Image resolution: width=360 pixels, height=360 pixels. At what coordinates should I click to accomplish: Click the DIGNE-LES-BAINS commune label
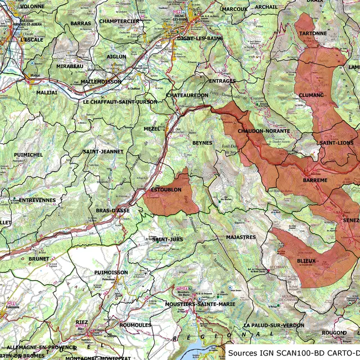pos(200,38)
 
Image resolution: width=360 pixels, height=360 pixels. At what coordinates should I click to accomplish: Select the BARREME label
pos(315,180)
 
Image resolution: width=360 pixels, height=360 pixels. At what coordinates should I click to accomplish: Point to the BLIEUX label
pos(307,261)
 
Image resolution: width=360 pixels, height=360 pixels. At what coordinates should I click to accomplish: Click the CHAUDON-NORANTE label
pos(264,131)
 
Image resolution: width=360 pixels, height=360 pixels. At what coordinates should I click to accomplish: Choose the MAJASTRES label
pos(241,237)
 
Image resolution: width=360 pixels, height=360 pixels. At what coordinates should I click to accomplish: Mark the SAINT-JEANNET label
pos(103,151)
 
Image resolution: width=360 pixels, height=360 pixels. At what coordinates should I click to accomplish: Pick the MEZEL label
pos(152,129)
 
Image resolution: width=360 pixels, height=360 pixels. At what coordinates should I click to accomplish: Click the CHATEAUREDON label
pos(188,96)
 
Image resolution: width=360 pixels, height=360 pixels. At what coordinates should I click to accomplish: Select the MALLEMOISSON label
pos(101,82)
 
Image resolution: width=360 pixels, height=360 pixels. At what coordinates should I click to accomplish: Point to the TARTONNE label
pos(313,34)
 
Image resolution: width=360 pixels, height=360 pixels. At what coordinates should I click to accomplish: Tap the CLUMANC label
pos(312,95)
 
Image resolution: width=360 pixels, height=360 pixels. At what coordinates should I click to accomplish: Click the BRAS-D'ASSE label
pos(112,210)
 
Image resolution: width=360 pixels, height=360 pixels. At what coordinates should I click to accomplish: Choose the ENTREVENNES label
pos(37,200)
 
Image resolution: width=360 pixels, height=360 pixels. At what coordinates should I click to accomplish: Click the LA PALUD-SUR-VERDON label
pos(274,326)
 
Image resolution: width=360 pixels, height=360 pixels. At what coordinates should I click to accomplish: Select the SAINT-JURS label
pos(168,240)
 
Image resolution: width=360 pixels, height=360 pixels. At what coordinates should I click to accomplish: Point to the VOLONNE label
pos(32,6)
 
